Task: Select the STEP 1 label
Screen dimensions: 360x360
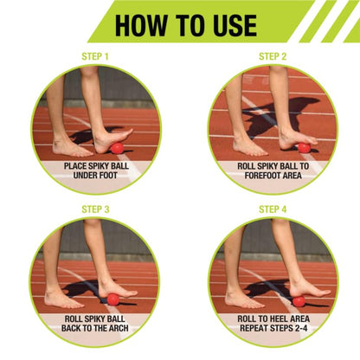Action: [95, 56]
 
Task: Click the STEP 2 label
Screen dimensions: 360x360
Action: [273, 56]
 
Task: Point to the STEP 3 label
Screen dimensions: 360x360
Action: [95, 209]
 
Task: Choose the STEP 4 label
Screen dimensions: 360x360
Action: [273, 209]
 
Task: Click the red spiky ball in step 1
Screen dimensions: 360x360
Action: [117, 148]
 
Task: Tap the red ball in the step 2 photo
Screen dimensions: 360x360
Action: [304, 148]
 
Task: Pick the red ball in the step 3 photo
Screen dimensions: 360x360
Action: [113, 299]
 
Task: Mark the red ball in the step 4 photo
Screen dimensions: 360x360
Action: [299, 301]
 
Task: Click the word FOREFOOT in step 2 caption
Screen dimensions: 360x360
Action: [260, 176]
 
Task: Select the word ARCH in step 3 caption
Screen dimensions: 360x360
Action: [119, 328]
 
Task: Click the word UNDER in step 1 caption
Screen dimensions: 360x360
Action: [84, 176]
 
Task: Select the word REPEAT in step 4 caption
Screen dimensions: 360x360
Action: [252, 328]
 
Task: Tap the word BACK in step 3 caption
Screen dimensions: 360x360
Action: [71, 328]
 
